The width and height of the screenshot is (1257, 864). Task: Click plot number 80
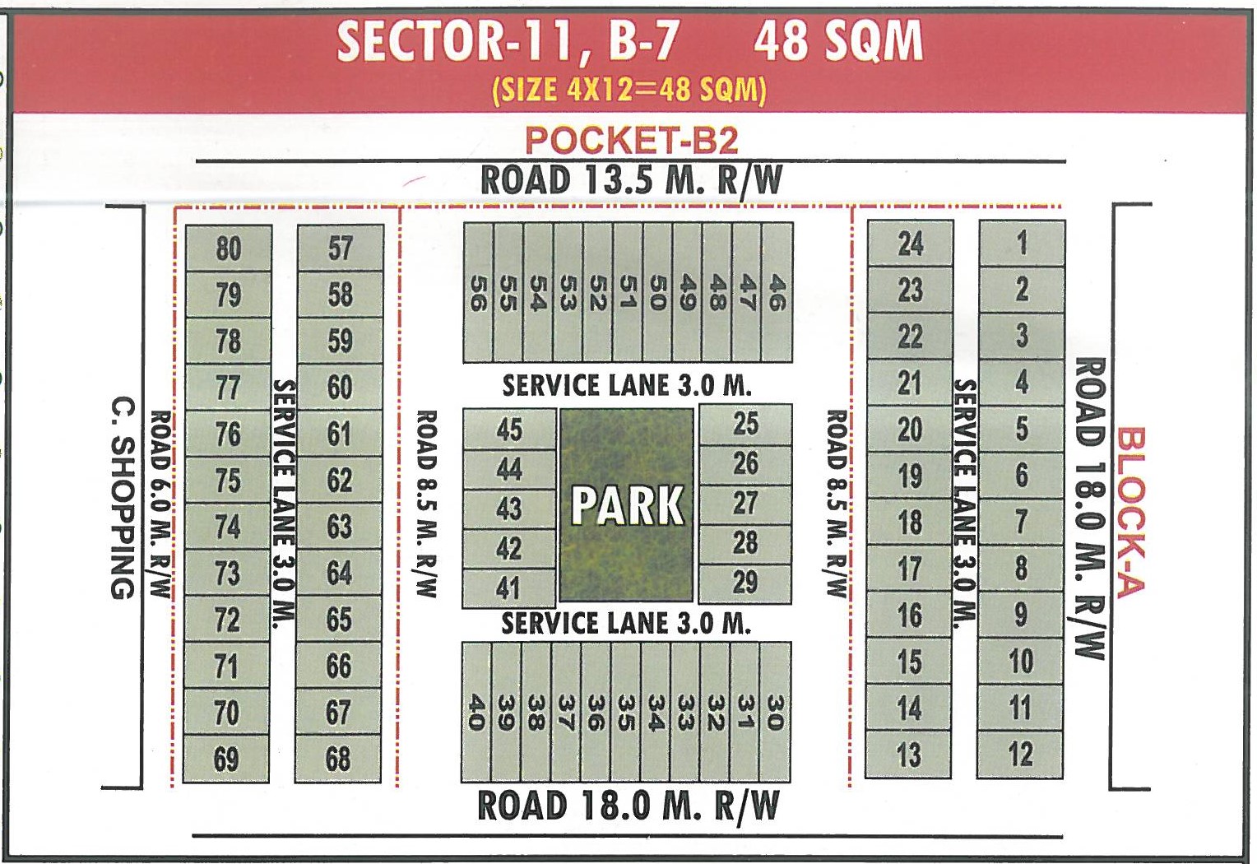click(x=229, y=249)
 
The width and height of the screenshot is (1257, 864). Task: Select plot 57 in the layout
click(x=340, y=249)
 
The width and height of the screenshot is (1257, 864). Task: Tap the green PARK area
click(x=627, y=504)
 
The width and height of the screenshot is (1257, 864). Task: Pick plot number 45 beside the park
click(x=509, y=429)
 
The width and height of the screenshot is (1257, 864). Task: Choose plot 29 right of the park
click(x=745, y=583)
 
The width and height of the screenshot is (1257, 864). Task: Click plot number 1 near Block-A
click(x=1022, y=244)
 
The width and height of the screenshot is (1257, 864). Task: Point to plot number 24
click(x=911, y=244)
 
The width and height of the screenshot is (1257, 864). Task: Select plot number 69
click(x=226, y=759)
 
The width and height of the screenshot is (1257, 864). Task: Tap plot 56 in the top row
click(x=479, y=293)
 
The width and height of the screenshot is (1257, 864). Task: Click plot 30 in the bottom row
click(x=774, y=713)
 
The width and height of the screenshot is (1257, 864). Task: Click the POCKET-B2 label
click(x=631, y=141)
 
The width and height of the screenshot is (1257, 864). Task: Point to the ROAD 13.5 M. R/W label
click(x=631, y=180)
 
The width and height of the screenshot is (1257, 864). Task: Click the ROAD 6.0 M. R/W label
click(x=160, y=504)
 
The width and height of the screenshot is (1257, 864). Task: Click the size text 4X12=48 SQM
click(x=629, y=90)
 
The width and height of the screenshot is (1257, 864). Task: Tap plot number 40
click(x=476, y=713)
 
